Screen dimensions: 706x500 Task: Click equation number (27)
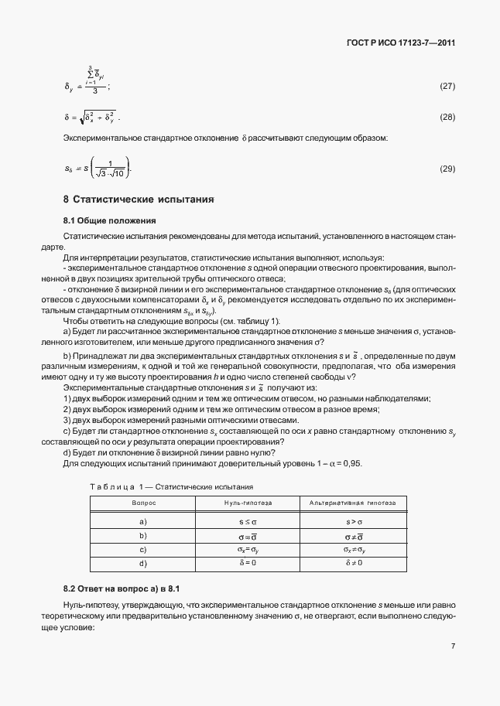(x=447, y=86)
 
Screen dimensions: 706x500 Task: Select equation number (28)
(x=447, y=117)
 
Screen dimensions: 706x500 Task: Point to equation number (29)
(x=447, y=168)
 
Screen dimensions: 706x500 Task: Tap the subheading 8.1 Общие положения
(x=109, y=220)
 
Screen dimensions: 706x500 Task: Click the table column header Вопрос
(x=143, y=503)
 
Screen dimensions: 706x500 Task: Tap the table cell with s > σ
(x=353, y=522)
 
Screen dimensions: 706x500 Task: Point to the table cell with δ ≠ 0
(x=353, y=562)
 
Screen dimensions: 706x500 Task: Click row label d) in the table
(x=143, y=562)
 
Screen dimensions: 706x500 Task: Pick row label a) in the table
(x=143, y=522)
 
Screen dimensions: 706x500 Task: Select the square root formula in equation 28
(x=91, y=117)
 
